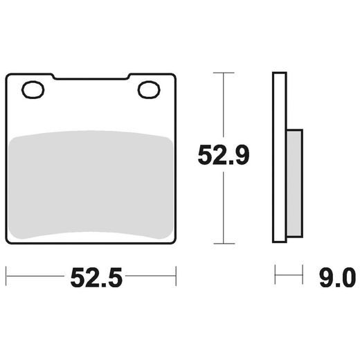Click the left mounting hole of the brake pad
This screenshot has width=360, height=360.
33,89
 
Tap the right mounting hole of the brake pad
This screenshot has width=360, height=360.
148,89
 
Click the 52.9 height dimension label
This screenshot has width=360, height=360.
223,156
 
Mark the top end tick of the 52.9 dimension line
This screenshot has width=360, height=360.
223,72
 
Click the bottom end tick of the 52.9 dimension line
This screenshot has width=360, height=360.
223,243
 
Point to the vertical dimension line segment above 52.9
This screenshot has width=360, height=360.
223,104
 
